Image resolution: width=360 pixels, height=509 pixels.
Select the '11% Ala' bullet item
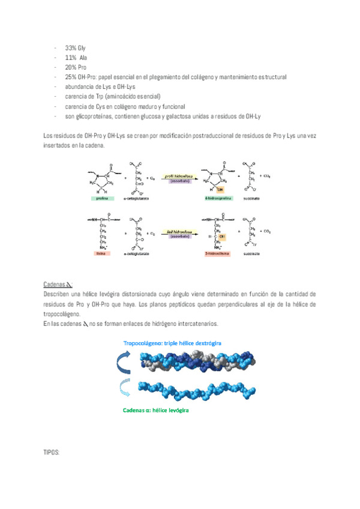75,57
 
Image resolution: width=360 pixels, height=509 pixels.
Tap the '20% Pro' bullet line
76,67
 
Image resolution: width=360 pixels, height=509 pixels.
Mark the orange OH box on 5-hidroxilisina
230,236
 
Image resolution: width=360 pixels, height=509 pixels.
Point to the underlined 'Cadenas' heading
55,284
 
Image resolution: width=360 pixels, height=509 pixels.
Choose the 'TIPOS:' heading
52,451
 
